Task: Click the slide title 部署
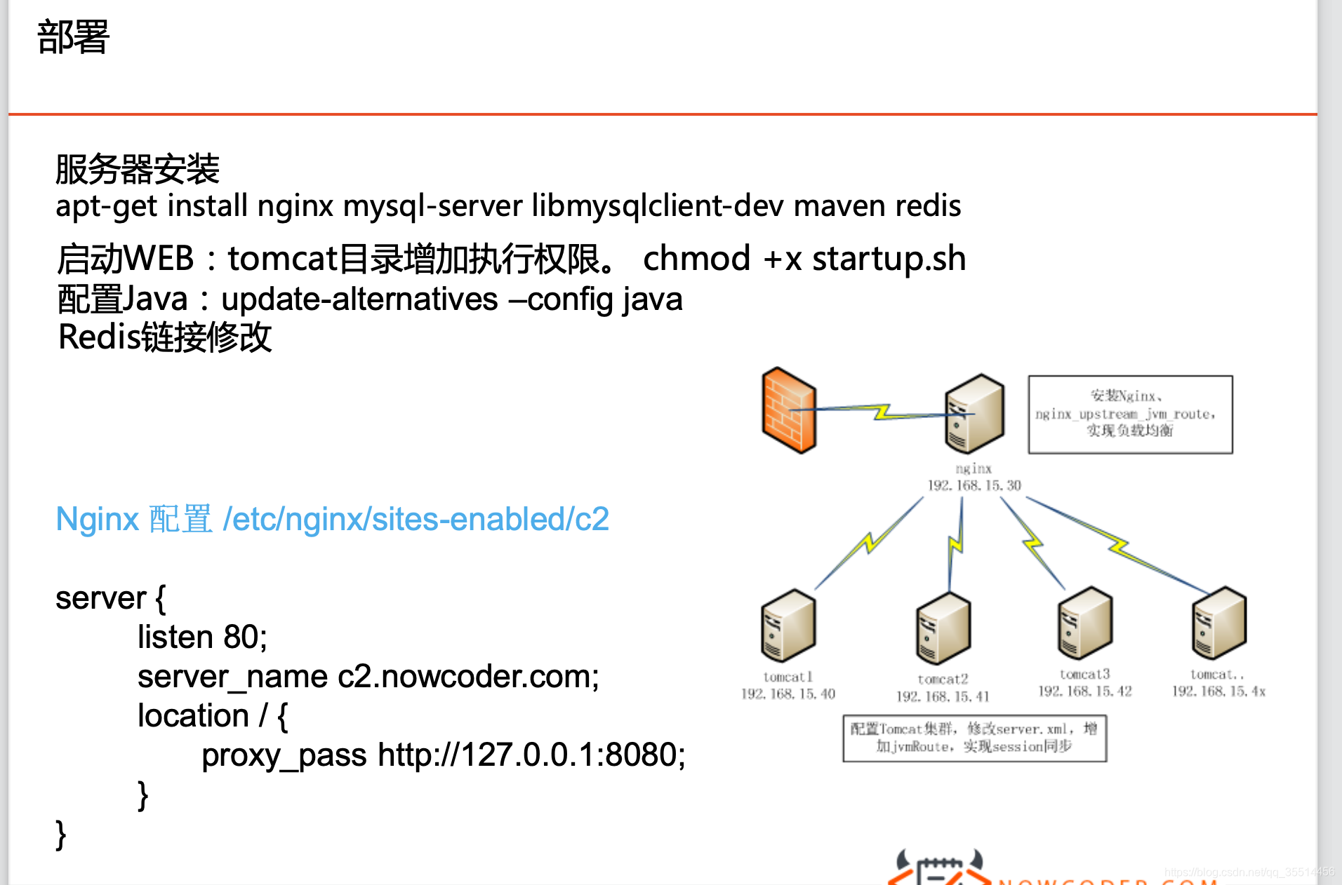(73, 37)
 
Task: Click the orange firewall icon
(789, 410)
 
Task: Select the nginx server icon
(974, 413)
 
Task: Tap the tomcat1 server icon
(788, 626)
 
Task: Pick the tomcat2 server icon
(943, 628)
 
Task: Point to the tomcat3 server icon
(1084, 623)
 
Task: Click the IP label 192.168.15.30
(974, 485)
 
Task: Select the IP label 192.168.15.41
(943, 696)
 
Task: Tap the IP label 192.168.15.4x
(1218, 691)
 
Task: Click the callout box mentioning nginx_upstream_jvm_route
(1130, 414)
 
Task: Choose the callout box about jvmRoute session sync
(974, 738)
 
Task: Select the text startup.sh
(889, 259)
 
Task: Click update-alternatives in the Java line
(359, 300)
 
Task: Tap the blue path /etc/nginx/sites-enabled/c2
(416, 520)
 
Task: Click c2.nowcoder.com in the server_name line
(467, 677)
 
